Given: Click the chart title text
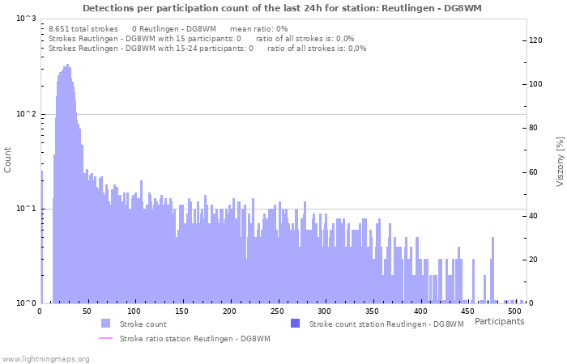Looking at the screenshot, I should tap(282, 8).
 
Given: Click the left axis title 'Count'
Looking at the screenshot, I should tap(8, 159).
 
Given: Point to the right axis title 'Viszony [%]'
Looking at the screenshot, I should tap(560, 161).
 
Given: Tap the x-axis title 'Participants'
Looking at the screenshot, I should tap(499, 322).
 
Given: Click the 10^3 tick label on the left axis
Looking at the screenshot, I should tap(26, 19).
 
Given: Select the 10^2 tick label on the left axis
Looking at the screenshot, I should tap(26, 114).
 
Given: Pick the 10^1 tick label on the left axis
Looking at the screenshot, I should tap(26, 209).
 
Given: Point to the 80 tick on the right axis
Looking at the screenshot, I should tap(534, 128).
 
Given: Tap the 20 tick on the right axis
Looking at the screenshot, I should tap(534, 260).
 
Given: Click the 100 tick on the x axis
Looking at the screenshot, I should tap(135, 311).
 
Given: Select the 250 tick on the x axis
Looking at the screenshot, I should tap(278, 311).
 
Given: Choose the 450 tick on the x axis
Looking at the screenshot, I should tap(468, 311).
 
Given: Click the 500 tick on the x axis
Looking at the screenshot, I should tap(516, 311).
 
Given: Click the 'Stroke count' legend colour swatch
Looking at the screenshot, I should tap(105, 324).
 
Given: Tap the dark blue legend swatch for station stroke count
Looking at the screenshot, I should tap(295, 324).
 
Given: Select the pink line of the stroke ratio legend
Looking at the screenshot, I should tap(105, 338).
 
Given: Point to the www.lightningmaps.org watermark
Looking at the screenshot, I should tap(45, 358).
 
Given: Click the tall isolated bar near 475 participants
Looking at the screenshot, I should tap(492, 270).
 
